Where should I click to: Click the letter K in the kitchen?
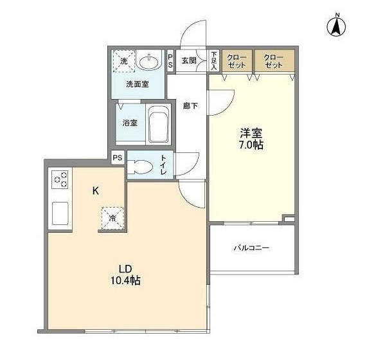(x=95, y=190)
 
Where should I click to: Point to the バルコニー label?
(x=251, y=248)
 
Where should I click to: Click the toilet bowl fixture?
(x=141, y=167)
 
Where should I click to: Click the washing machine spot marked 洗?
(x=123, y=61)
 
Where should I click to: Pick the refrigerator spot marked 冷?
(x=111, y=218)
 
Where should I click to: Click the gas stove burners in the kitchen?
(x=61, y=179)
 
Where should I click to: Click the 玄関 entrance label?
(x=188, y=61)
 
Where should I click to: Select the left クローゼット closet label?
(x=238, y=62)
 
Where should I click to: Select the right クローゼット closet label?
(x=274, y=62)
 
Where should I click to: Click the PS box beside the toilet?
(x=117, y=157)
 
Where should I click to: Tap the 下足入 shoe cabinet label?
(x=214, y=61)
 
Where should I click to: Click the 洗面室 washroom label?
(x=137, y=84)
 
